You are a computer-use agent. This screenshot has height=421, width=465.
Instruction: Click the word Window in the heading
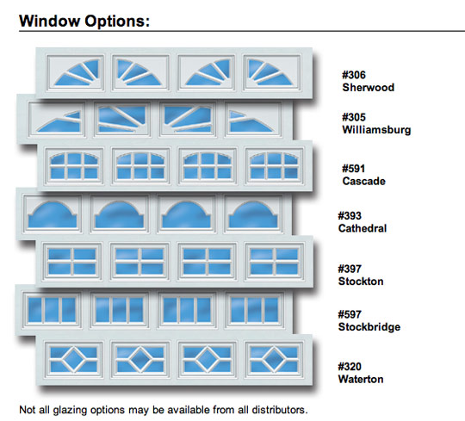point(50,21)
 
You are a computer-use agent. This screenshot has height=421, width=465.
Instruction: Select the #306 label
point(354,75)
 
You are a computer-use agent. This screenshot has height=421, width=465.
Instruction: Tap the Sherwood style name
point(369,88)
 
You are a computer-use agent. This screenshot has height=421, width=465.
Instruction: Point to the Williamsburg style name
point(376,130)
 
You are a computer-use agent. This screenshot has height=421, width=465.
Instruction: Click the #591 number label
point(353,169)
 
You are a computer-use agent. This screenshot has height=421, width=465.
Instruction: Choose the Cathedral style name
point(363,228)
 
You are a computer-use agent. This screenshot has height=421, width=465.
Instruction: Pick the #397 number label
point(350,269)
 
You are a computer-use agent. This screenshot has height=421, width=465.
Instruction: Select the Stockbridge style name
point(369,326)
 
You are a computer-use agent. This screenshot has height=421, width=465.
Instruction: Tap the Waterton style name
point(361,379)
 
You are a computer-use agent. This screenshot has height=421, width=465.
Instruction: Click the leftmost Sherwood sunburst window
point(75,72)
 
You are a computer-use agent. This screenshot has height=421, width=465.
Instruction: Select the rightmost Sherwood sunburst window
point(271,72)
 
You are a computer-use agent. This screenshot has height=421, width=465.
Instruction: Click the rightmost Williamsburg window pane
point(253,119)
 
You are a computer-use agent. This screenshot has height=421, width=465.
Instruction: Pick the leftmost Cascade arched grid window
point(74,166)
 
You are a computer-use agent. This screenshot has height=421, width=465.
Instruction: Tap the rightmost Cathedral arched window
point(253,213)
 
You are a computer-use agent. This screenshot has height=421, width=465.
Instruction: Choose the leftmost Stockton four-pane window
point(72,262)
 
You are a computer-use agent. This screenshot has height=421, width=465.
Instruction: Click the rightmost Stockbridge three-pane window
point(254,310)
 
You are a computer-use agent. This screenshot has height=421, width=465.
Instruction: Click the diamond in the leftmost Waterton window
point(73,360)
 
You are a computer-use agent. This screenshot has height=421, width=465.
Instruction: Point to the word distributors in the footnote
point(279,410)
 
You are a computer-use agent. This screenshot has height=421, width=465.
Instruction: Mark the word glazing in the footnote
point(70,411)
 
